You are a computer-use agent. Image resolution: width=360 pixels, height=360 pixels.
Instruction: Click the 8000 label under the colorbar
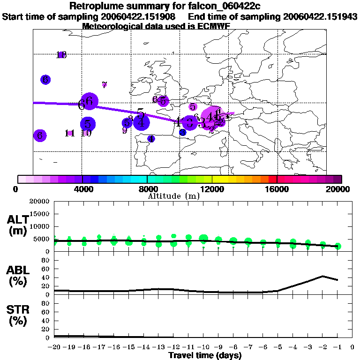147,189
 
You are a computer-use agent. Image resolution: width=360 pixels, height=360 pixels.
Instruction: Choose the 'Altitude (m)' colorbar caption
174,196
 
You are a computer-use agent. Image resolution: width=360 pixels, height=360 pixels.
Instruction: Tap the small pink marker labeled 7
105,85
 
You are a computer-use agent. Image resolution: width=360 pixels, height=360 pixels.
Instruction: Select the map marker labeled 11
70,133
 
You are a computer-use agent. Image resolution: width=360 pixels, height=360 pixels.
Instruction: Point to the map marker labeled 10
86,133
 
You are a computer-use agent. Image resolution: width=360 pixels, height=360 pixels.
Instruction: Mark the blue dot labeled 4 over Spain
151,139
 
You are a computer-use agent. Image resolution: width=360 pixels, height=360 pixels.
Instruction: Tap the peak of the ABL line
322,276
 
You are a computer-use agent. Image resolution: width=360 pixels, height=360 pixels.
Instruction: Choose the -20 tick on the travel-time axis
54,347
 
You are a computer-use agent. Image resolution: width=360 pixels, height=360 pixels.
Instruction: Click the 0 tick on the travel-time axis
352,347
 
